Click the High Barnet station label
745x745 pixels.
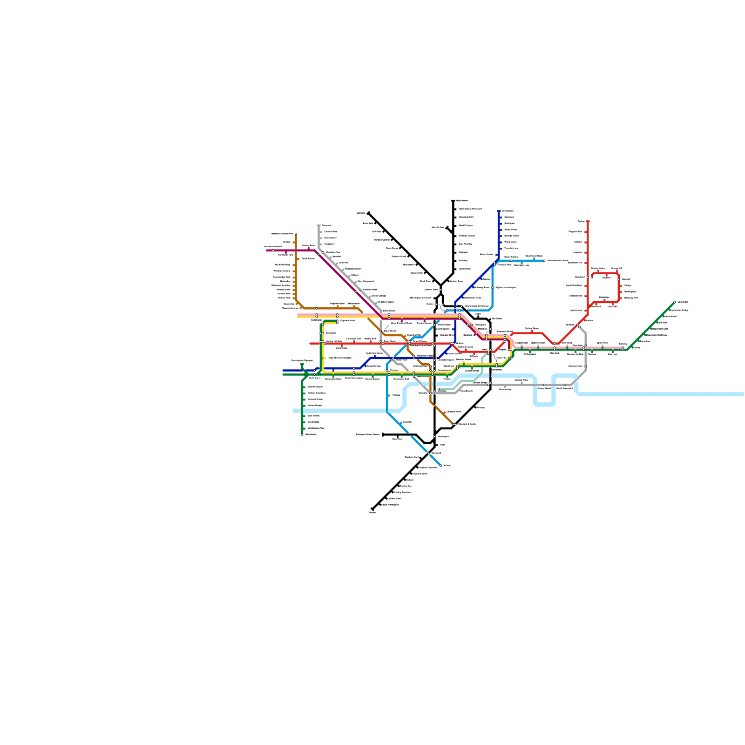(x=462, y=201)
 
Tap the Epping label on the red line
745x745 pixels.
(x=581, y=221)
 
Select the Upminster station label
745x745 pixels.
(x=683, y=302)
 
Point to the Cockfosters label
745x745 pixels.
(x=508, y=211)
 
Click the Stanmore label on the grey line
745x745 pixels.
(x=326, y=225)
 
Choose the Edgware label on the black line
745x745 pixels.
(x=361, y=213)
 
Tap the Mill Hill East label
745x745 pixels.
(x=438, y=227)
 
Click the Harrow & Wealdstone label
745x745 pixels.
(x=282, y=234)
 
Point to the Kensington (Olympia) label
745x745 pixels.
(x=302, y=360)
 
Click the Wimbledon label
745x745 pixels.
(x=311, y=434)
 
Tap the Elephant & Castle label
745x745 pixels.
(x=467, y=424)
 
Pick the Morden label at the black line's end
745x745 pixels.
(x=372, y=512)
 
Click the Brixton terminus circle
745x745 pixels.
(x=441, y=465)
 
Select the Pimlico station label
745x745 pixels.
(x=396, y=395)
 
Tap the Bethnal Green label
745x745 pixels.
(x=532, y=328)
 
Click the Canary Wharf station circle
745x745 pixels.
(x=544, y=385)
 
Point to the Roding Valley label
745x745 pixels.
(x=598, y=268)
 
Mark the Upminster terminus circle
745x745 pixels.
(x=675, y=302)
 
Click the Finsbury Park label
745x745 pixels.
(x=504, y=264)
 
